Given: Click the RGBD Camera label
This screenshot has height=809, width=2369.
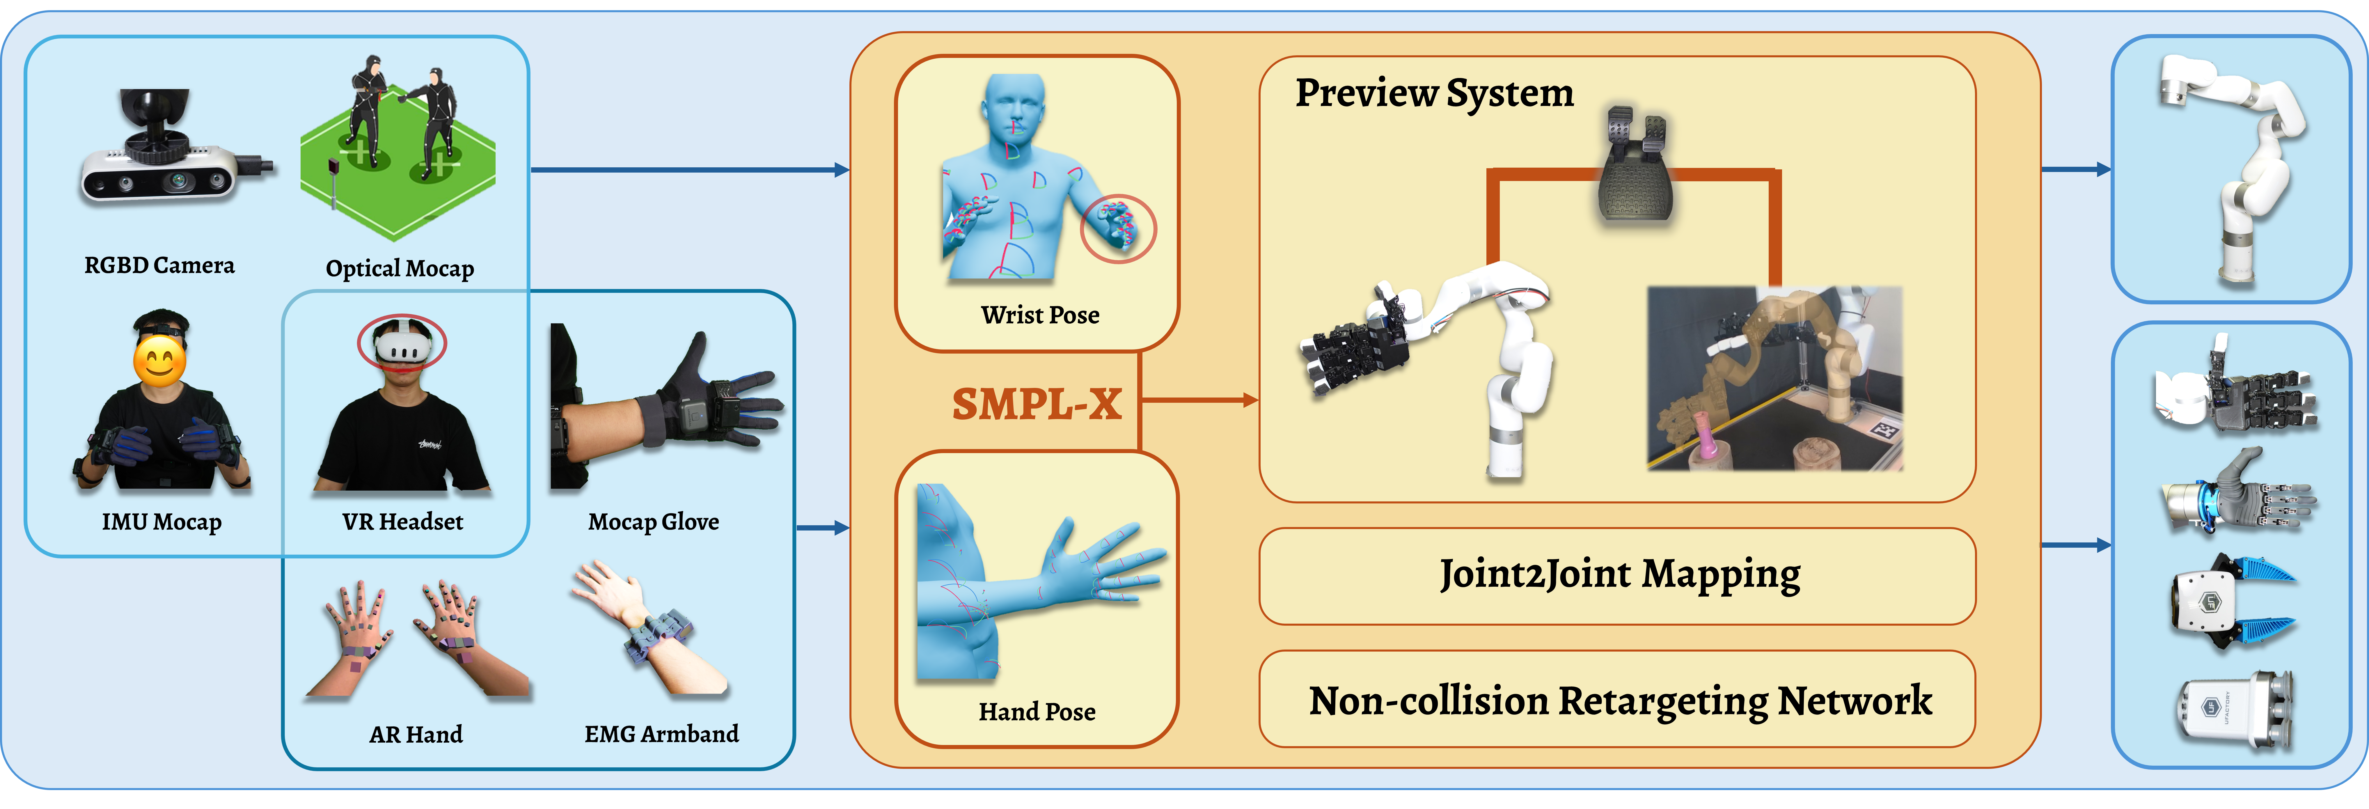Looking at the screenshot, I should pyautogui.click(x=159, y=266).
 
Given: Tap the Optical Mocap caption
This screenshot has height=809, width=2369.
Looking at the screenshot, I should pyautogui.click(x=400, y=268).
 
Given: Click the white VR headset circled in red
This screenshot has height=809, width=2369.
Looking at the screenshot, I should pyautogui.click(x=402, y=346).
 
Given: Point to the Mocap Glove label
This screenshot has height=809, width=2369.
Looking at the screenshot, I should pyautogui.click(x=653, y=522).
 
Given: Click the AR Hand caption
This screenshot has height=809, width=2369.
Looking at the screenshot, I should pyautogui.click(x=416, y=735).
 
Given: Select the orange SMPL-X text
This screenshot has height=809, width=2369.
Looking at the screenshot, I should pyautogui.click(x=1037, y=404).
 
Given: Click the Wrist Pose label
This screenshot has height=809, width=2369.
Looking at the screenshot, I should pyautogui.click(x=1039, y=315).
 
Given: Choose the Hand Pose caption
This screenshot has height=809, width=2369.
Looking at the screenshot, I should pyautogui.click(x=1037, y=712).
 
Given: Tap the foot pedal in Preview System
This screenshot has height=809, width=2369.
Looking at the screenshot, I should pyautogui.click(x=1635, y=170).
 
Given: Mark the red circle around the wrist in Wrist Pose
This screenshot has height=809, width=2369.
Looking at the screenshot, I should pyautogui.click(x=1117, y=228).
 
